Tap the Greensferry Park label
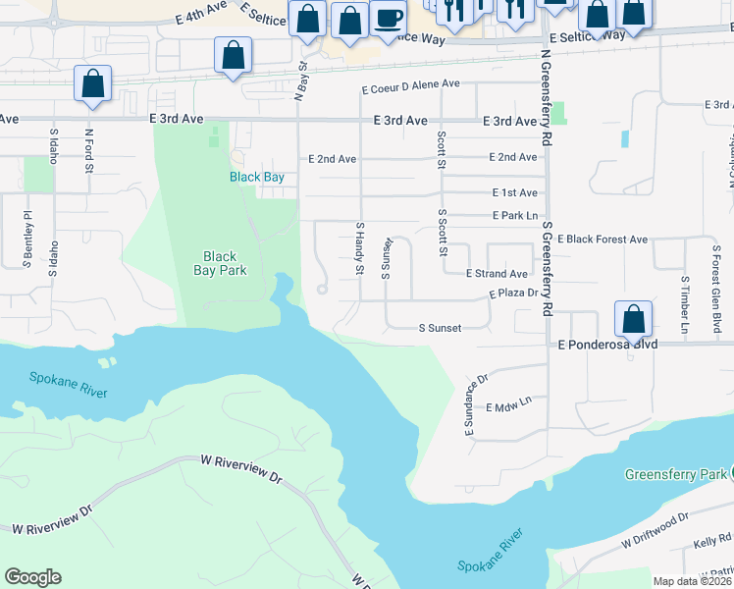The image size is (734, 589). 677,474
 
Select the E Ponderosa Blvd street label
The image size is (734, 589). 606,346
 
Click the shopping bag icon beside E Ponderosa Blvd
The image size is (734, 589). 633,319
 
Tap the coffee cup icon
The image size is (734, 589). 388,18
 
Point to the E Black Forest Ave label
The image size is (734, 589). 603,239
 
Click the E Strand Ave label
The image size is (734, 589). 497,274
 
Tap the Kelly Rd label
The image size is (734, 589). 712,540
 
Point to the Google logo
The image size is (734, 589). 32,576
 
